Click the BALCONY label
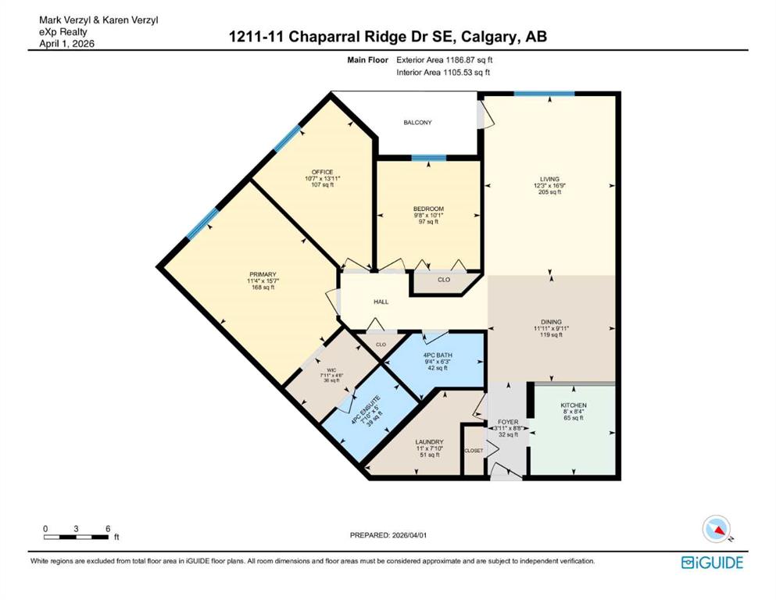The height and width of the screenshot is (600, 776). (417, 123)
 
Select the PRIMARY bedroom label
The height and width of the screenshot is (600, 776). (263, 274)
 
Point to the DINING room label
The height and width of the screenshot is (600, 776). (551, 320)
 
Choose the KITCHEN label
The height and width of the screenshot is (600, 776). (573, 405)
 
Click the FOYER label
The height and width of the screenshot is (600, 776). (508, 422)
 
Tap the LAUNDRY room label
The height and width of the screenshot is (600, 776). (429, 441)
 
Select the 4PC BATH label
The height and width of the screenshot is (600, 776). (438, 355)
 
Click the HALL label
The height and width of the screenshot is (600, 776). (381, 302)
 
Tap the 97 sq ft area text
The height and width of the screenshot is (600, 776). (428, 222)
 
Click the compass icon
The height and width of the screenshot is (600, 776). (717, 530)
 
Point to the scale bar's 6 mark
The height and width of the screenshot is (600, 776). (106, 529)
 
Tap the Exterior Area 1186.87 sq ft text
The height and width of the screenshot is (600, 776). (445, 60)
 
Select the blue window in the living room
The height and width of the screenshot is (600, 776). (544, 94)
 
